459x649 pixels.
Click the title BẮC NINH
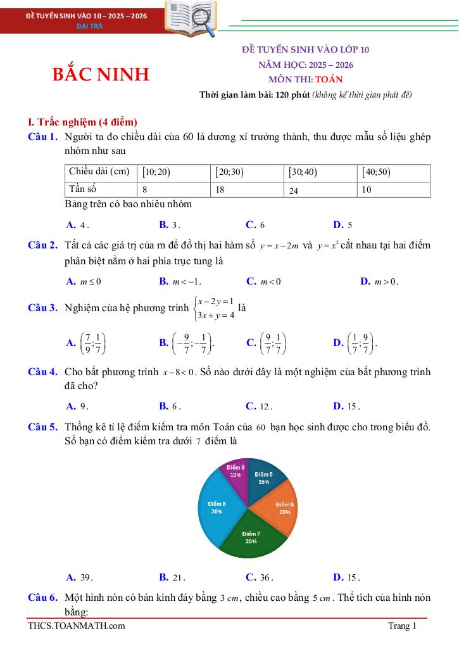pyautogui.click(x=101, y=74)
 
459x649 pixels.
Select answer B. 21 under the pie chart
pyautogui.click(x=172, y=577)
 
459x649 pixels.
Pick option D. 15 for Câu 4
pyautogui.click(x=346, y=406)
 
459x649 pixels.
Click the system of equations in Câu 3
pyautogui.click(x=216, y=307)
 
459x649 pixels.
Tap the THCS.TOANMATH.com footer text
pyautogui.click(x=77, y=626)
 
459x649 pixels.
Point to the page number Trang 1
pyautogui.click(x=403, y=626)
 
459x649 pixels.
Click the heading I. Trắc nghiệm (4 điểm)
pyautogui.click(x=83, y=122)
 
